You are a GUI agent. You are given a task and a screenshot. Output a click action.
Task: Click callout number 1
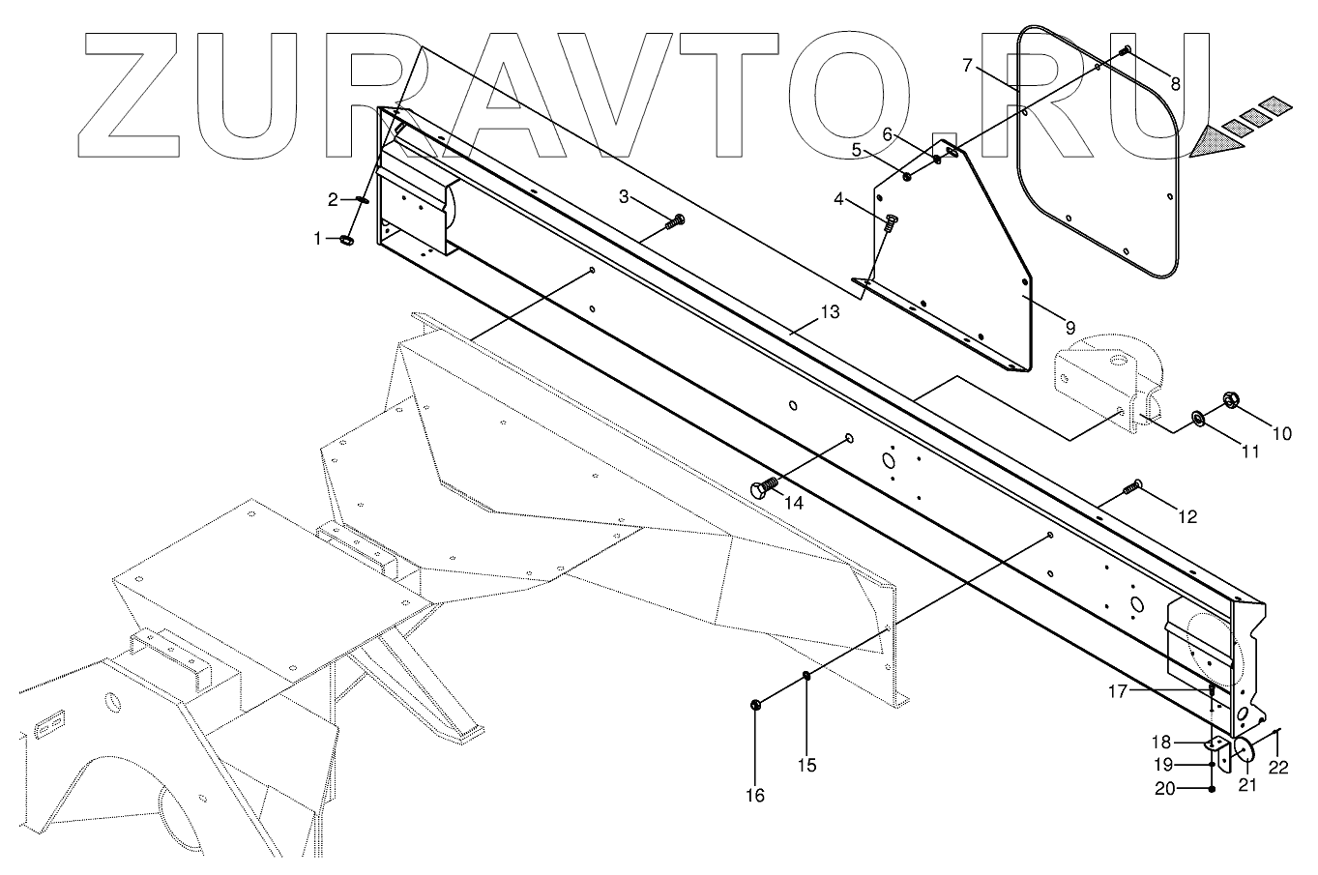(x=318, y=238)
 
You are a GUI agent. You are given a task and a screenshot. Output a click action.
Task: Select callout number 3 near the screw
(x=625, y=197)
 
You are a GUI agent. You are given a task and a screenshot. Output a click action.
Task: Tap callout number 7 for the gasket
(x=968, y=66)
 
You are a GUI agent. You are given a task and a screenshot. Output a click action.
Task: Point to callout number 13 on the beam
(x=830, y=312)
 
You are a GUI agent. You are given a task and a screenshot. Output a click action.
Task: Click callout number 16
(x=754, y=795)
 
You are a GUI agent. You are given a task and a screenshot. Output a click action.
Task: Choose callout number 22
(x=1279, y=767)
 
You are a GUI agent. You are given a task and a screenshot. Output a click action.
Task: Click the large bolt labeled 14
(x=765, y=486)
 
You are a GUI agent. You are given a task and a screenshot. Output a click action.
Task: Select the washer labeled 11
(x=1197, y=417)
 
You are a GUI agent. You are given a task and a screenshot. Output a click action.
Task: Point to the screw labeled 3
(x=674, y=222)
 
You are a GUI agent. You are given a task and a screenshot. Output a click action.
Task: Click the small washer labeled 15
(x=805, y=676)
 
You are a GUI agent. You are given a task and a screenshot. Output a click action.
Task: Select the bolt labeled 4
(x=890, y=223)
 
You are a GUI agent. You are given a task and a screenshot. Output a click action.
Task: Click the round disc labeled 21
(x=1245, y=751)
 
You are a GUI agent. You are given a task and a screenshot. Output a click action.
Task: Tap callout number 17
(x=1118, y=690)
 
